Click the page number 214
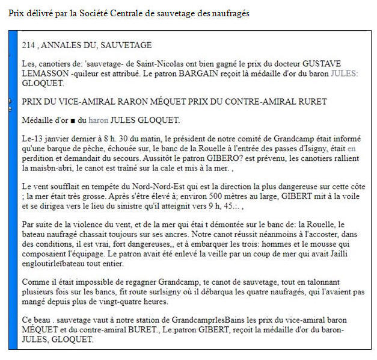[x=28, y=45]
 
